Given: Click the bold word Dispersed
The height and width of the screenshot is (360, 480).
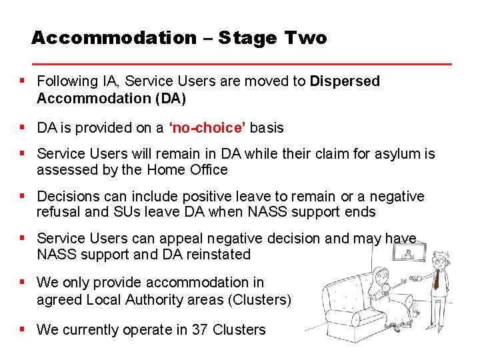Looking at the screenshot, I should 345,81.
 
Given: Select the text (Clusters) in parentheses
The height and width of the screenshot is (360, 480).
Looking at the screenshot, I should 260,300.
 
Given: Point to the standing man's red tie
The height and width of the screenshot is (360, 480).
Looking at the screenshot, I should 437,277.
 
